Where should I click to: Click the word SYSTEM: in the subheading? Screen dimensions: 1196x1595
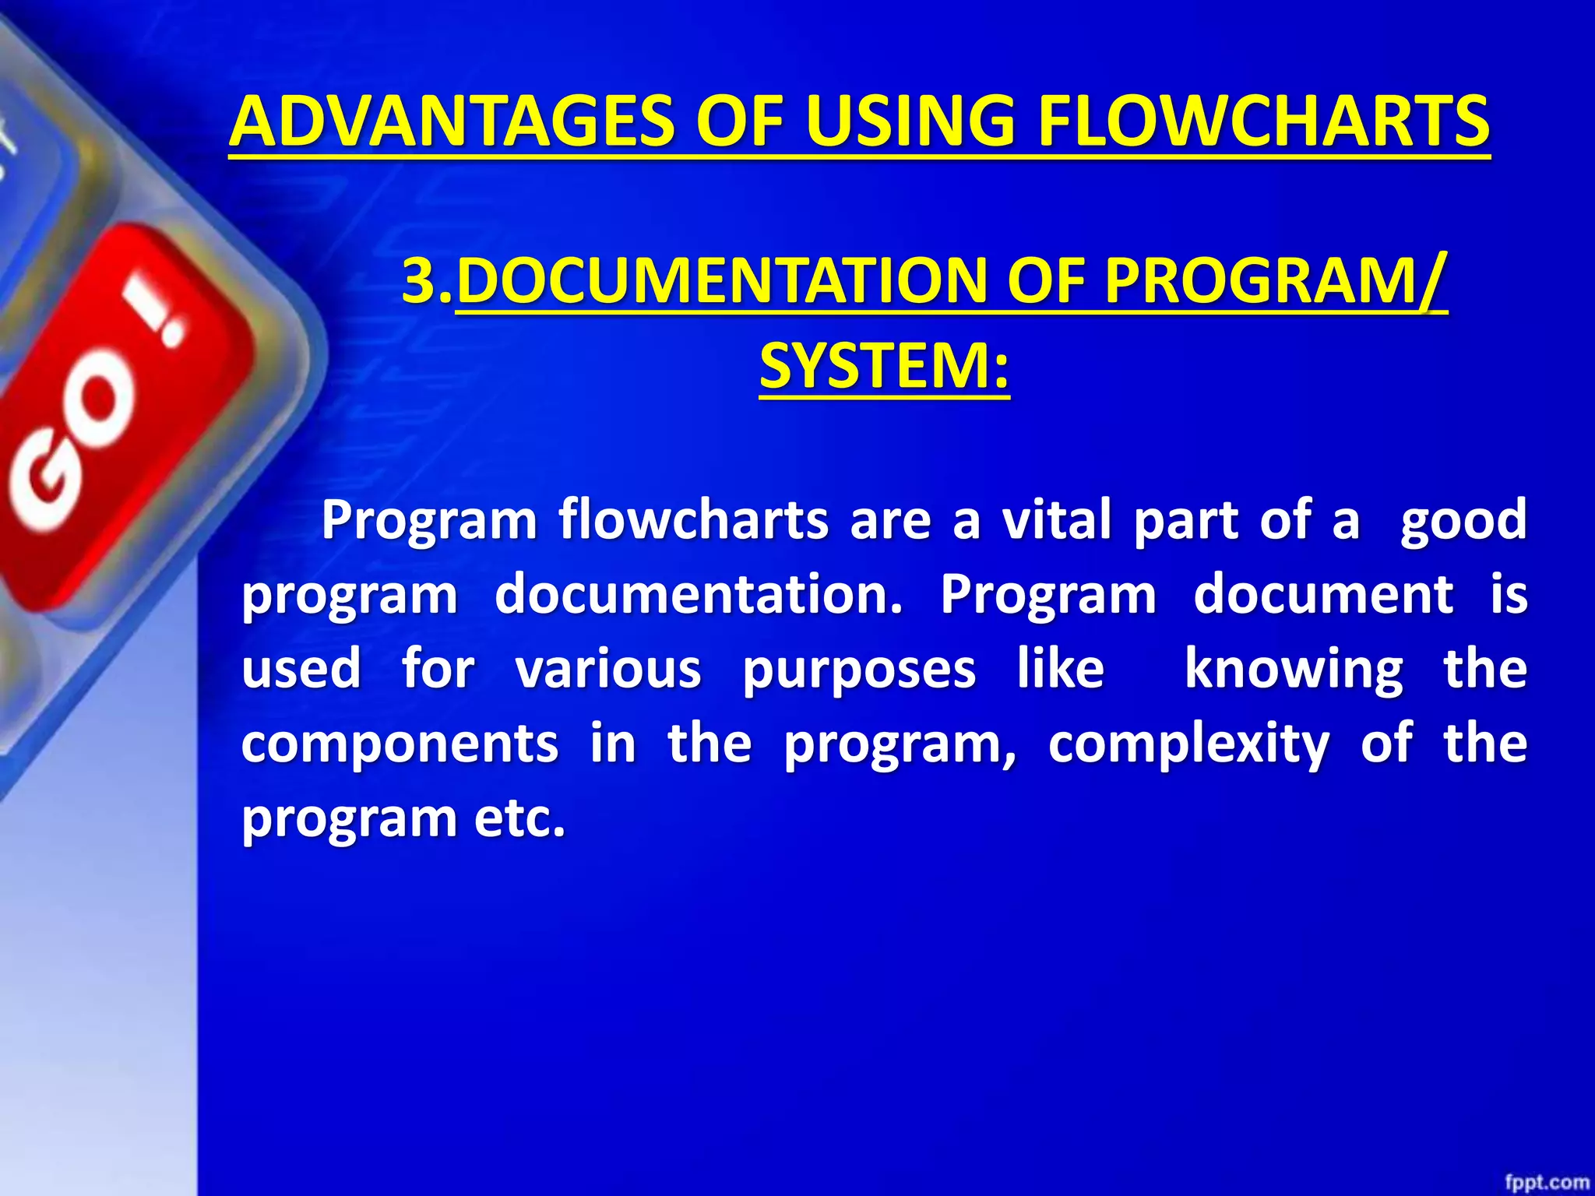pyautogui.click(x=884, y=365)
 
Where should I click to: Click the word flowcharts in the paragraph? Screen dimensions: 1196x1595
pyautogui.click(x=693, y=519)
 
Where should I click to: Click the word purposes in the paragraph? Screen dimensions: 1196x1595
pyautogui.click(x=858, y=669)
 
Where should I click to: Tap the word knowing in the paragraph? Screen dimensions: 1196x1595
pyautogui.click(x=1294, y=669)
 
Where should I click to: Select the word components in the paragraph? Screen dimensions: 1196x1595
pyautogui.click(x=400, y=744)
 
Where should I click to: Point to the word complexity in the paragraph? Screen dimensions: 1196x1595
pyautogui.click(x=1188, y=744)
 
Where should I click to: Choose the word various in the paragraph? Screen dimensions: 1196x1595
pyautogui.click(x=608, y=669)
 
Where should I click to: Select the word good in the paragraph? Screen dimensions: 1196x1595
pyautogui.click(x=1463, y=519)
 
